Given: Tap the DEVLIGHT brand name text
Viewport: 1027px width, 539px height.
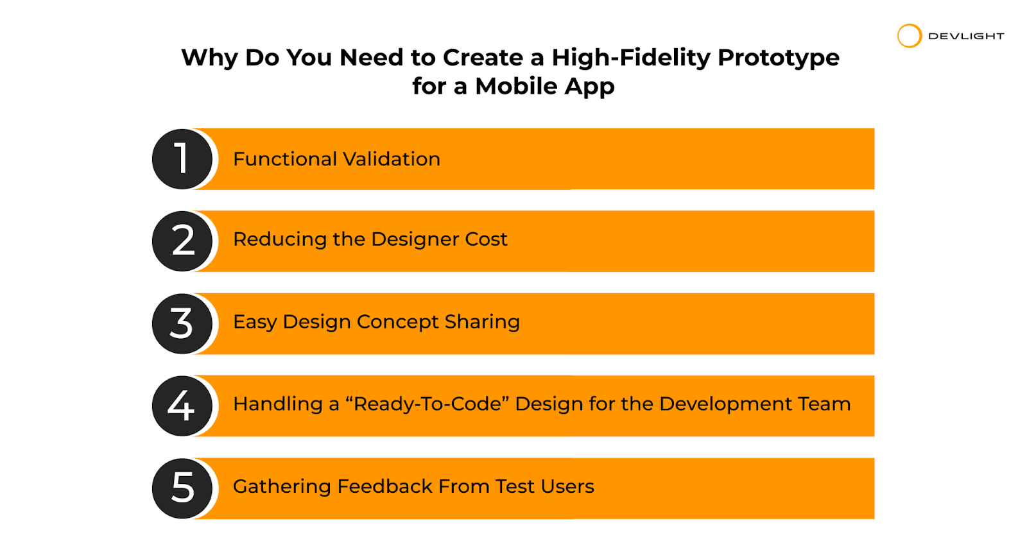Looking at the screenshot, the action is pos(966,36).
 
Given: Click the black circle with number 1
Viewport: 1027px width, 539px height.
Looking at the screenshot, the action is pos(182,159).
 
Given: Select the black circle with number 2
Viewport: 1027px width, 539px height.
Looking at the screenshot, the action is pos(182,241).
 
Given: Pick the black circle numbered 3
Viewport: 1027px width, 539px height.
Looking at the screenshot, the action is pos(182,323).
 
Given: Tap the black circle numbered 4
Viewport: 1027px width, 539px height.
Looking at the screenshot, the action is pos(182,406).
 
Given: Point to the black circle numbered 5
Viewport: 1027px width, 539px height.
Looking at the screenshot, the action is pos(182,488).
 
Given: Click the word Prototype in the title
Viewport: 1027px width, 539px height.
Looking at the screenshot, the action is pos(779,58).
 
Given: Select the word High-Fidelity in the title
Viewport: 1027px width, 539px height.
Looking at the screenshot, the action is pos(631,58).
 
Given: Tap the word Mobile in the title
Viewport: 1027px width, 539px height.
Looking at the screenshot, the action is pos(516,86).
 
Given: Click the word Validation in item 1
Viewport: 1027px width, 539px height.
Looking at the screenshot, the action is pos(392,159).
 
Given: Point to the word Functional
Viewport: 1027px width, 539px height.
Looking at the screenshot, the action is pos(285,159).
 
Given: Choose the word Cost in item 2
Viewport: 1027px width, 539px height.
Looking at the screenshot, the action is pos(486,239).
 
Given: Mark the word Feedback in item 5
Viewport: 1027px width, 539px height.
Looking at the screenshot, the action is pos(384,486).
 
